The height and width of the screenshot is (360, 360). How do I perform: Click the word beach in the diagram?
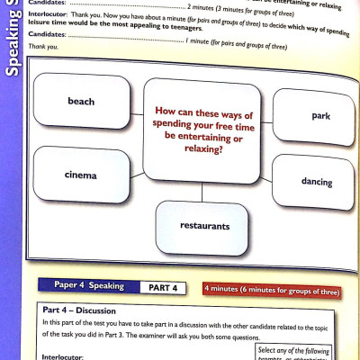81,101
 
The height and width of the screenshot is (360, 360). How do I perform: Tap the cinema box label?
81,175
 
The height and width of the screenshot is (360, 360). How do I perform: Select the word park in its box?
320,117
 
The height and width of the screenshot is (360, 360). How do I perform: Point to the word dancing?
317,182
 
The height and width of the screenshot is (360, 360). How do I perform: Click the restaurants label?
205,226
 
